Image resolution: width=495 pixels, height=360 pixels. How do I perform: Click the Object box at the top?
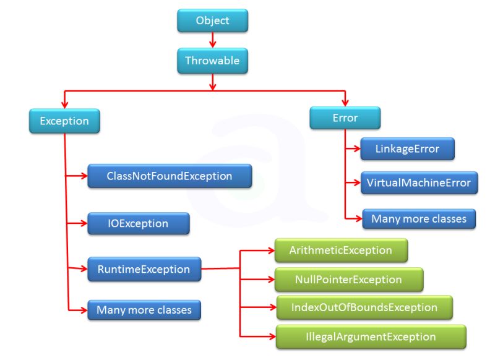pyautogui.click(x=212, y=21)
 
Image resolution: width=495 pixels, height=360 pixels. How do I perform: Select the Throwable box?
pyautogui.click(x=212, y=61)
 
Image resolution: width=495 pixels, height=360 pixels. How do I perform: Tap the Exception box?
pyautogui.click(x=64, y=121)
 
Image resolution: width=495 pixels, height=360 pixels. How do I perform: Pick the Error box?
pyautogui.click(x=345, y=118)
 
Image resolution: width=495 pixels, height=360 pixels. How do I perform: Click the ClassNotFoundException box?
pyautogui.click(x=169, y=176)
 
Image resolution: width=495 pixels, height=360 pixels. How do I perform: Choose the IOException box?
pyautogui.click(x=137, y=223)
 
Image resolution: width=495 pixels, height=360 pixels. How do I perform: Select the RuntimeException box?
pyautogui.click(x=143, y=269)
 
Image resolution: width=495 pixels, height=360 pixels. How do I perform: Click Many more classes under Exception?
pyautogui.click(x=144, y=309)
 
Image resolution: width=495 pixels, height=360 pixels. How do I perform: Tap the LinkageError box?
pyautogui.click(x=407, y=149)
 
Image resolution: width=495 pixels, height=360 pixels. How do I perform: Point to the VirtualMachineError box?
pyautogui.click(x=419, y=183)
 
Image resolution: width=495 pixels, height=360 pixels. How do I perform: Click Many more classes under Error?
pyautogui.click(x=418, y=219)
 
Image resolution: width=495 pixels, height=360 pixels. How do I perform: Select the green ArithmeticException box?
pyautogui.click(x=341, y=251)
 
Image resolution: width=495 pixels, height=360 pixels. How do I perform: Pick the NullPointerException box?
pyautogui.click(x=349, y=280)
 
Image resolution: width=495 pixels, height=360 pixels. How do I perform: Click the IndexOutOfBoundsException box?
pyautogui.click(x=364, y=307)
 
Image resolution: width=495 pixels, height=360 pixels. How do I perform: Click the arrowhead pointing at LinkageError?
pyautogui.click(x=356, y=149)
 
